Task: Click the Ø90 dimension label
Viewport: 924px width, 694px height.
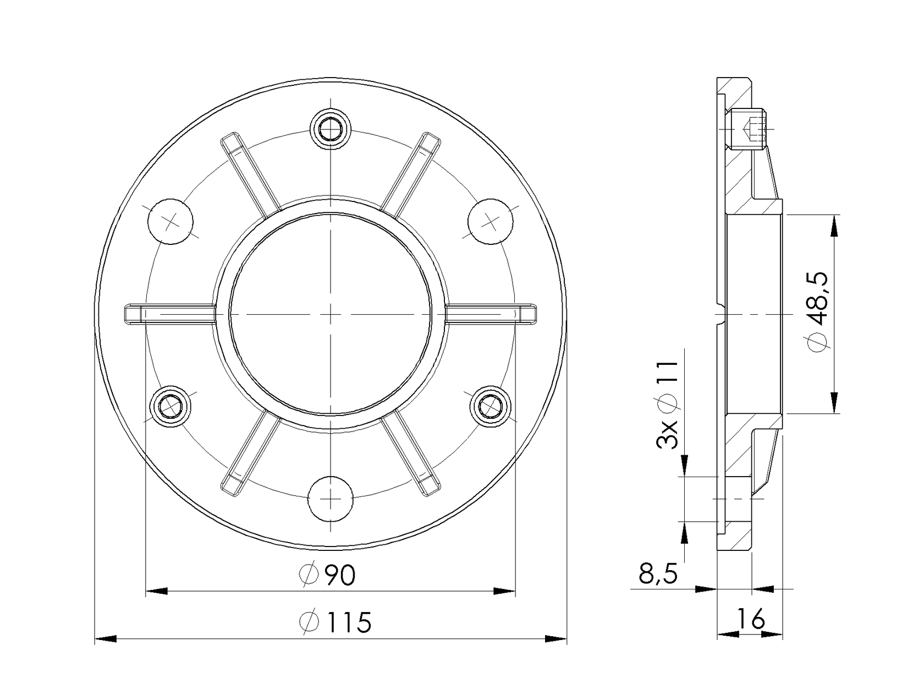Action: click(328, 575)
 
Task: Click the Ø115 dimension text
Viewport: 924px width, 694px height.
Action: click(336, 622)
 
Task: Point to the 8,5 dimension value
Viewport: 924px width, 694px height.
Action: click(658, 574)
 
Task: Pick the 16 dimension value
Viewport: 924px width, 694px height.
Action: click(752, 620)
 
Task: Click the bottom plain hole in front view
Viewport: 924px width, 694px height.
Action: click(330, 498)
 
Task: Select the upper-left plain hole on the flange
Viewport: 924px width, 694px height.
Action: click(171, 221)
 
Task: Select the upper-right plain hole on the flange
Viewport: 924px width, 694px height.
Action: click(490, 221)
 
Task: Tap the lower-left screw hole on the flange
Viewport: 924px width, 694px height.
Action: click(171, 407)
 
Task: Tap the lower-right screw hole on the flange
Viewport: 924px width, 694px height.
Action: click(490, 407)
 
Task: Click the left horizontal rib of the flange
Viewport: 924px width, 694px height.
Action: click(168, 313)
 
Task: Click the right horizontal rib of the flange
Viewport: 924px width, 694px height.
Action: click(491, 313)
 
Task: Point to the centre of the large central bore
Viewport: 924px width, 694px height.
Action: click(330, 314)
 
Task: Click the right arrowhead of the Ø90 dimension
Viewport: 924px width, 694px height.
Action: click(504, 591)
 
